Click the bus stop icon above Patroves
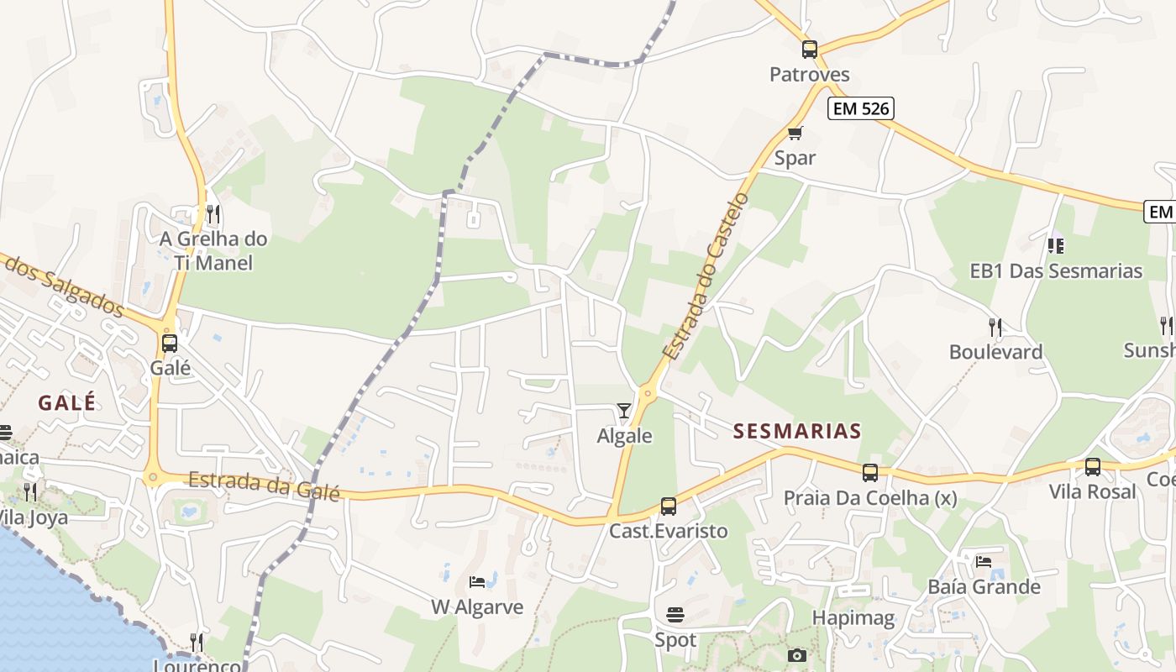pos(810,49)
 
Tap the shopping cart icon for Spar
pos(795,133)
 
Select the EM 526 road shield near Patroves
pos(860,108)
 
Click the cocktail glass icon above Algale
pos(623,411)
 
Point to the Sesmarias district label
pos(797,432)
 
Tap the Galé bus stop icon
pos(170,343)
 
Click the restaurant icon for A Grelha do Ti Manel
pos(213,213)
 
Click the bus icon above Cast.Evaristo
pos(669,506)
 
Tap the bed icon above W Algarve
pos(476,581)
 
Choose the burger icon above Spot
pos(675,615)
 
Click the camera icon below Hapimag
pos(797,655)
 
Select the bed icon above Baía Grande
pos(984,561)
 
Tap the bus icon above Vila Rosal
pos(1092,466)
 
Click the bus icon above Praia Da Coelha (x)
pos(870,472)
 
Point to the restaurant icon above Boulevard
pos(995,326)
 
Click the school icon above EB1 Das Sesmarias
pos(1056,245)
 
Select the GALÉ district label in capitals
pos(67,403)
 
